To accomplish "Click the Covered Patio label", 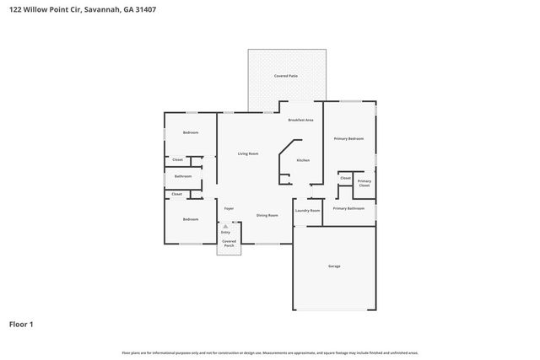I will point(286,76).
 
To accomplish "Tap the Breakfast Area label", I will point(300,121).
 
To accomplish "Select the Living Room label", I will point(247,153).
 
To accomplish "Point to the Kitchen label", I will point(303,160).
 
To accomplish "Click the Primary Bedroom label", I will point(348,138).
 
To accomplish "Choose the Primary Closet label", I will point(364,183).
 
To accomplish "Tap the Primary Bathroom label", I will point(348,208).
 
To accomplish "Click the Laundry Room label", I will point(307,211).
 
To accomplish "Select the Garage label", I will point(334,266).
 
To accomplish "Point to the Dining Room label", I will point(267,216).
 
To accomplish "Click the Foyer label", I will point(229,208).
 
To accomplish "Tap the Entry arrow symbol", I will point(225,225).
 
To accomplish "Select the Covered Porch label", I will point(229,244).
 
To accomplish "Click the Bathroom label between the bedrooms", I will point(183,176).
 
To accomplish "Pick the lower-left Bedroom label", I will point(191,219).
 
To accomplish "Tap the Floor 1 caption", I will point(21,324).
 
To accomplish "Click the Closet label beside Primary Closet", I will point(346,178).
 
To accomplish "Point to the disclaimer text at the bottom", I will point(270,352).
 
